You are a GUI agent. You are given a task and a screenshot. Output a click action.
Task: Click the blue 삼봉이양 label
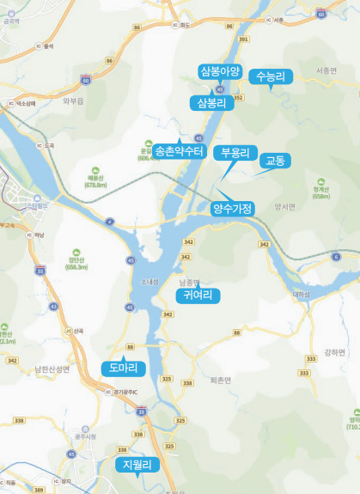(x=222, y=71)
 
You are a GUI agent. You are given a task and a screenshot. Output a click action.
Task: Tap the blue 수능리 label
(x=271, y=77)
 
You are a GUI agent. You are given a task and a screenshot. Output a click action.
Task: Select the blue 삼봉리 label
(x=211, y=103)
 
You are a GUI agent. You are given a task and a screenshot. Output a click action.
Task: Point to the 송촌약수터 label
(x=180, y=151)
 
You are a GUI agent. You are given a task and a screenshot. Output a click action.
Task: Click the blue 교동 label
(x=277, y=160)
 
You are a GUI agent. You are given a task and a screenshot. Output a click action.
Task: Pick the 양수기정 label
(x=232, y=208)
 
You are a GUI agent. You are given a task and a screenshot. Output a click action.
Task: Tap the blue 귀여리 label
(x=198, y=296)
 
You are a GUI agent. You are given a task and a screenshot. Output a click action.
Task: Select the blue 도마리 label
(x=124, y=368)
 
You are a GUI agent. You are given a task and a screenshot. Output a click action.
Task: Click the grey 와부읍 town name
(x=74, y=101)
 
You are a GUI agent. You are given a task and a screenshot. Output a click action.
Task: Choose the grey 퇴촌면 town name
(x=221, y=379)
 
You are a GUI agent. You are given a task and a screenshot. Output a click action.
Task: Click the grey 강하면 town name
(x=334, y=352)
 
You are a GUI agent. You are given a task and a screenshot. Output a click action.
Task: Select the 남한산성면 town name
(x=52, y=369)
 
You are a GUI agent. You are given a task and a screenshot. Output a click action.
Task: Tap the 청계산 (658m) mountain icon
(x=321, y=182)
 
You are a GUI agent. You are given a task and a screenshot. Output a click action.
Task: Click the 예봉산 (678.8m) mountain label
(x=95, y=180)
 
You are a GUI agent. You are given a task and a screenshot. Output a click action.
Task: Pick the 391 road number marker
(x=243, y=39)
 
